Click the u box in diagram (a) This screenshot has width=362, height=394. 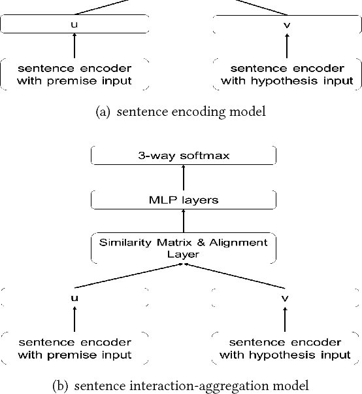coord(74,25)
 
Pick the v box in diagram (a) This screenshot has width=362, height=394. coord(287,25)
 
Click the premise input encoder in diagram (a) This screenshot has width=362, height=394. coord(74,75)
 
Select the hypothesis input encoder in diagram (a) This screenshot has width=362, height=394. coord(287,75)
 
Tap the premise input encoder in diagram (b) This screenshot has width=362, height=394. coord(74,348)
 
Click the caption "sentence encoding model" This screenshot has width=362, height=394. coord(180,112)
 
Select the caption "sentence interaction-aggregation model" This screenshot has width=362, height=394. coord(180,385)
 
